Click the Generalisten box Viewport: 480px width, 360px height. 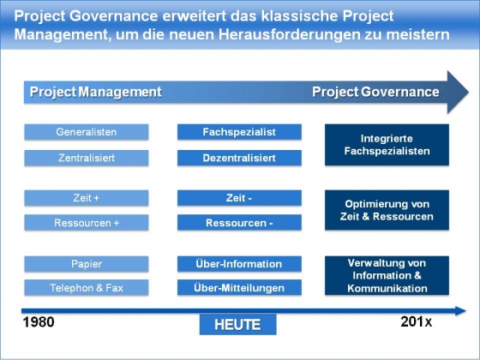(87, 132)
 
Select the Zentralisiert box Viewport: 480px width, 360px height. (87, 158)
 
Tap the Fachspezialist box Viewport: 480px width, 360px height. (239, 132)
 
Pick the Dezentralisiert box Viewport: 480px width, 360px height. (239, 158)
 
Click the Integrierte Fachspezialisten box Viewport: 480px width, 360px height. (387, 145)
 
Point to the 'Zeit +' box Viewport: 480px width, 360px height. (87, 198)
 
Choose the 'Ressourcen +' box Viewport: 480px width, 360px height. (87, 223)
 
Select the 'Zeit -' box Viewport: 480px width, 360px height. (239, 198)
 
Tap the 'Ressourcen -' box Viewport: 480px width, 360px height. (239, 223)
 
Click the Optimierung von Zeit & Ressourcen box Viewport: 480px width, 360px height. (387, 210)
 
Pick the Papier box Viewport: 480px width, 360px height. (87, 264)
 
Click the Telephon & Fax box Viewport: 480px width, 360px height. (87, 287)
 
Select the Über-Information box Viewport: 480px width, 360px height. (239, 264)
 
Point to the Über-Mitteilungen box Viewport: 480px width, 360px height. (239, 287)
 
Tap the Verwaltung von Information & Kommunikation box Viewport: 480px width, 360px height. (387, 275)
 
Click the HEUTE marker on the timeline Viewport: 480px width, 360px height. (238, 325)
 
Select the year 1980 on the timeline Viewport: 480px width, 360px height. (39, 322)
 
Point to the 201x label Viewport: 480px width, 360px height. (417, 321)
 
